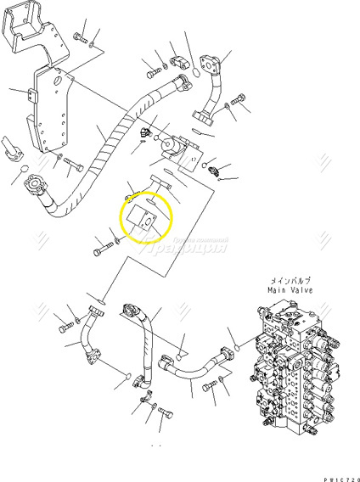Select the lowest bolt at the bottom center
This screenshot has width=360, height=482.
[165, 416]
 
